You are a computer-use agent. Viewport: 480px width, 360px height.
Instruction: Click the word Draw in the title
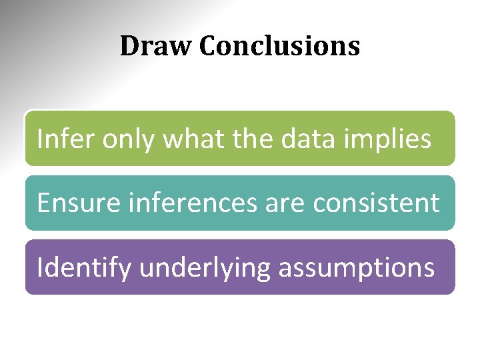pyautogui.click(x=156, y=46)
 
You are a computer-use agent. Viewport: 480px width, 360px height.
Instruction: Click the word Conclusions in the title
pyautogui.click(x=279, y=46)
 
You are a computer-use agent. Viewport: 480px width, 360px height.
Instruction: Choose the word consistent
pyautogui.click(x=377, y=203)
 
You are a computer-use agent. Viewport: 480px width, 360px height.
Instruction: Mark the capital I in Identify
pyautogui.click(x=40, y=267)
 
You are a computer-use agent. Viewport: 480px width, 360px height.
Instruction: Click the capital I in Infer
pyautogui.click(x=40, y=139)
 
